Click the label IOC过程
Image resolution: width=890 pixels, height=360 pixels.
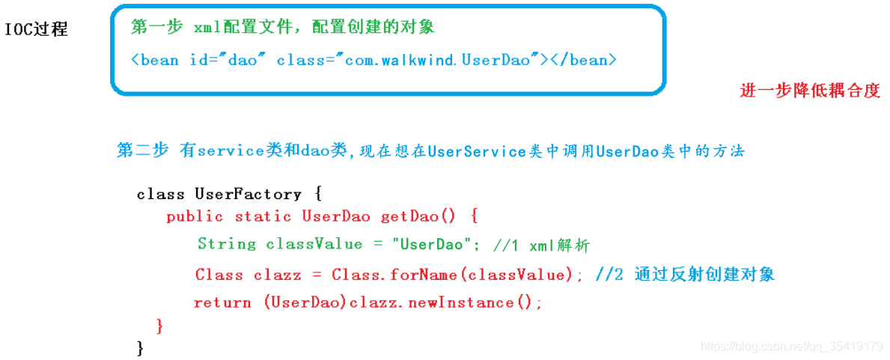37,29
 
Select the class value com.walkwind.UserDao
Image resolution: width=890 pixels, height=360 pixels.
439,60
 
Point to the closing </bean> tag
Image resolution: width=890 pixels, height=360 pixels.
584,60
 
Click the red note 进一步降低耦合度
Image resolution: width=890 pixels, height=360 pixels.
810,91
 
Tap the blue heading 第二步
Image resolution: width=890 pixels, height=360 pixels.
142,150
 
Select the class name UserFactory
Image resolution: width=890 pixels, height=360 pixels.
248,194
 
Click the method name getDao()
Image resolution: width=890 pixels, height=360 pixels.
418,216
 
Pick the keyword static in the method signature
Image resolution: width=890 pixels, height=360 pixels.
263,216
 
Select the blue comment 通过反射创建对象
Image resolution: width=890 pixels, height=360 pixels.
704,274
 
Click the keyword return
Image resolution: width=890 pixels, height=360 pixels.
222,302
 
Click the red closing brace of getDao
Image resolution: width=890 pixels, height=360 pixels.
159,325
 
